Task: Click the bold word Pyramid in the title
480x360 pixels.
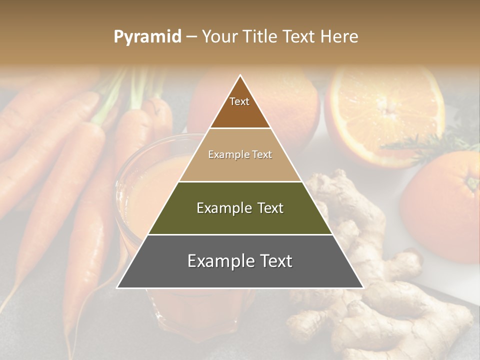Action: tap(147, 36)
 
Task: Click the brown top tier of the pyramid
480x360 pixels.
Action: tap(240, 112)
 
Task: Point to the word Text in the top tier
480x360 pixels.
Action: tap(239, 101)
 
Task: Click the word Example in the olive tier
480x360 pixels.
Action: tap(222, 208)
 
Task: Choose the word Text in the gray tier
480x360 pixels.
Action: tap(273, 261)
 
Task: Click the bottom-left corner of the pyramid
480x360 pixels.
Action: tap(117, 287)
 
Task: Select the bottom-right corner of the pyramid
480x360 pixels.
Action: tap(363, 287)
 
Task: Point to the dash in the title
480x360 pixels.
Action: tap(191, 36)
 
